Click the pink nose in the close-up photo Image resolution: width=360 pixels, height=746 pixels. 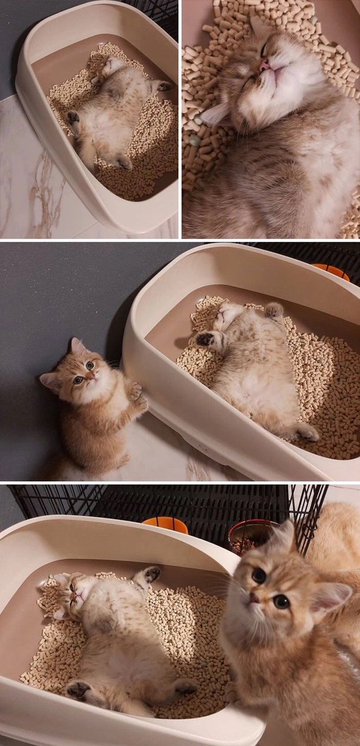[x=265, y=65]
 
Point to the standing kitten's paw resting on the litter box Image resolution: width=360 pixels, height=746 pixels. [x=135, y=392]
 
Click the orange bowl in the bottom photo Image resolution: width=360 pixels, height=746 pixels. [x=165, y=525]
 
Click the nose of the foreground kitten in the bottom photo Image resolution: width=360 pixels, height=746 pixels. [x=254, y=598]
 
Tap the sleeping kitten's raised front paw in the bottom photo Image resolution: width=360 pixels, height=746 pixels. [x=150, y=574]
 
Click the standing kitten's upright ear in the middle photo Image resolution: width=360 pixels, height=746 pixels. [x=76, y=346]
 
